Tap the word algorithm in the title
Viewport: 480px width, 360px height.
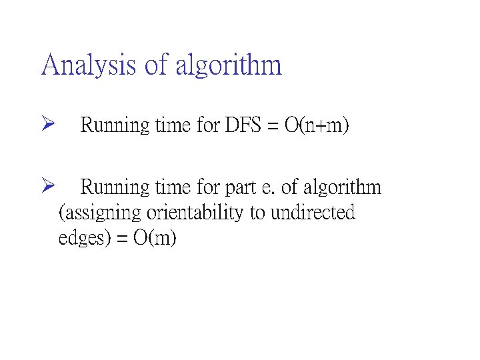(229, 65)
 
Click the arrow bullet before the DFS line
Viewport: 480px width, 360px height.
(46, 125)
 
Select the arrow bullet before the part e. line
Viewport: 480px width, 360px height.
(46, 187)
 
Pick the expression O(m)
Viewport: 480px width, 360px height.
(155, 238)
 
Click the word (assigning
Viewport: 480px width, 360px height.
(100, 213)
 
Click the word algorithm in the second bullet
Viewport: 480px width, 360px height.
(339, 187)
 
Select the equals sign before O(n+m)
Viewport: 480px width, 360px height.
(275, 125)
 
